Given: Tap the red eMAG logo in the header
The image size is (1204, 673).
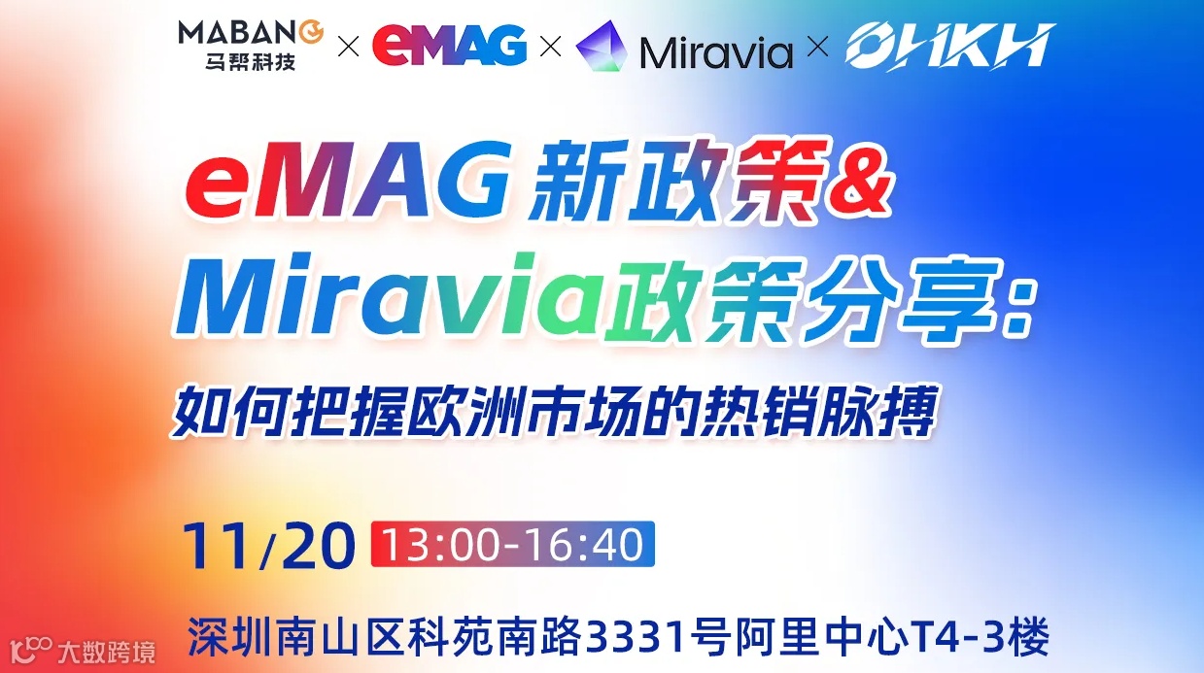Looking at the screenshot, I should point(450,46).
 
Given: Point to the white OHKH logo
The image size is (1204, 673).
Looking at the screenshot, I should point(948,47).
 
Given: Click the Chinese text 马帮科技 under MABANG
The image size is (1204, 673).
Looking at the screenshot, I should point(237,63).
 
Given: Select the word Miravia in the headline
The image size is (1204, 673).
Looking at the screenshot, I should point(384,300).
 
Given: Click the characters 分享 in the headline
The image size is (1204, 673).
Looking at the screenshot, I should point(894,300).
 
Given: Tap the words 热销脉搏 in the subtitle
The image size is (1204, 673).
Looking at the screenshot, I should point(842,414).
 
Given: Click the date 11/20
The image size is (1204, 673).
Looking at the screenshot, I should point(266,546).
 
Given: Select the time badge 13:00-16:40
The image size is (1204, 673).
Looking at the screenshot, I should point(512,545).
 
